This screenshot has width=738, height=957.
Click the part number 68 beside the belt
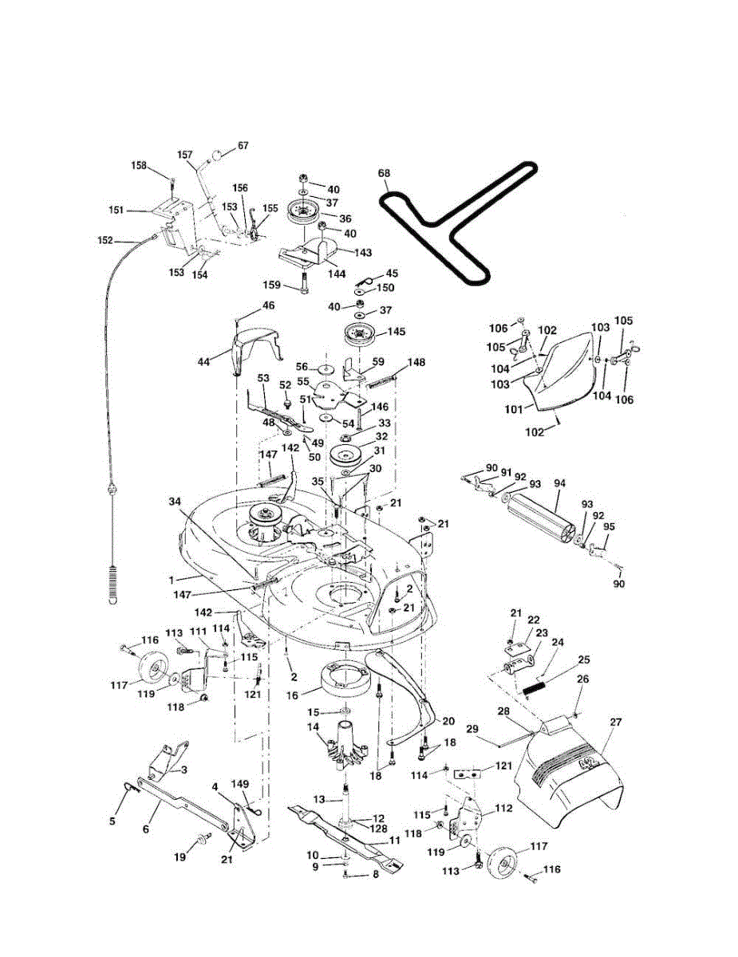pyautogui.click(x=384, y=173)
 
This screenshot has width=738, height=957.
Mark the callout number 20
pyautogui.click(x=448, y=720)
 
